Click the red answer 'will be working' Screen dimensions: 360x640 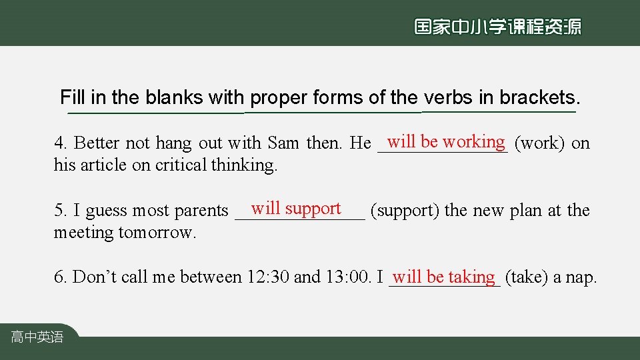(x=446, y=141)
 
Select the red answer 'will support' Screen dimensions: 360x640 (x=296, y=209)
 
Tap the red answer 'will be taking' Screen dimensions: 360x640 (x=444, y=276)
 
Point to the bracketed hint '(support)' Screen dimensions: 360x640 (x=405, y=211)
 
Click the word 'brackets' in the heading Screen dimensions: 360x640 (x=539, y=97)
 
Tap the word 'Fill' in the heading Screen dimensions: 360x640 (x=72, y=97)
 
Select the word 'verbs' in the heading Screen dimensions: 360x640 (x=449, y=97)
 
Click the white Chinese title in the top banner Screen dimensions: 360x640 (x=497, y=27)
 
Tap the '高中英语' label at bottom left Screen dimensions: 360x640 (x=37, y=337)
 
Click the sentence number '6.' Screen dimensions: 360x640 (x=61, y=277)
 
